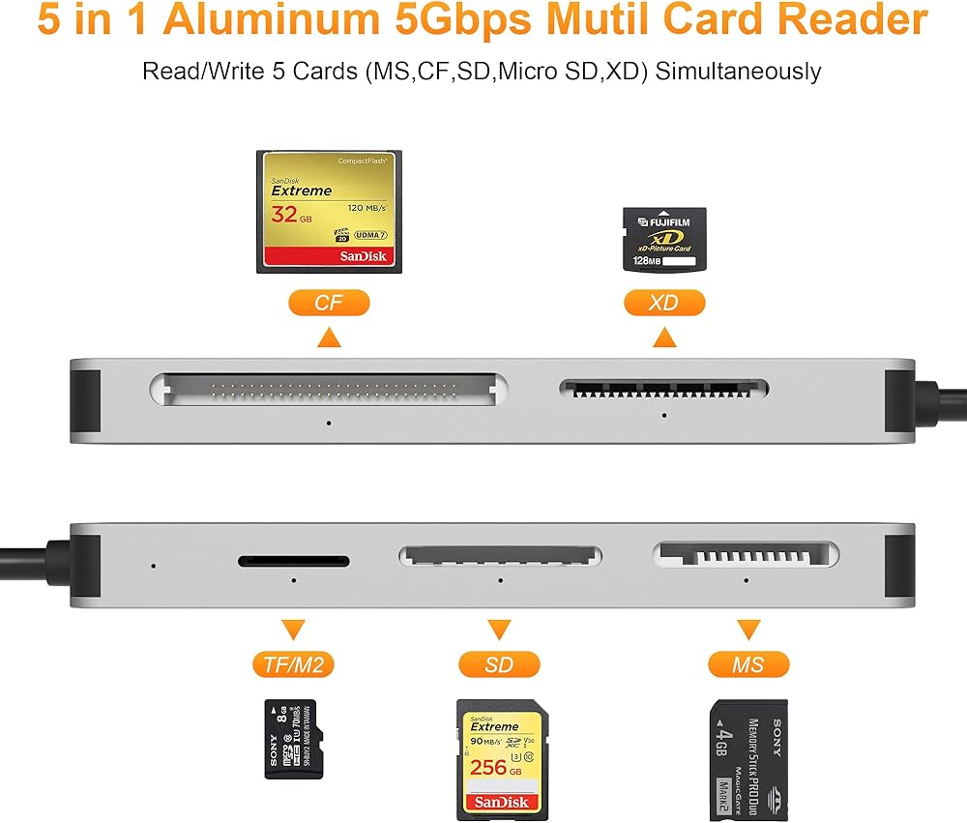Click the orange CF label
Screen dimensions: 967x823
click(329, 303)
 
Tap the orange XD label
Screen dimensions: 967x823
click(663, 303)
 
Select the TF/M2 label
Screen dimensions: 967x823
click(292, 664)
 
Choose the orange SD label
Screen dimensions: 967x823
click(498, 664)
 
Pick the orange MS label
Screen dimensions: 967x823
click(747, 664)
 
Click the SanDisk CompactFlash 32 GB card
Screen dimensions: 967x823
click(329, 212)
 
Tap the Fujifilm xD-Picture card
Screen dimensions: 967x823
click(663, 238)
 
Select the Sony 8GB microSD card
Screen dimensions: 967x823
click(291, 739)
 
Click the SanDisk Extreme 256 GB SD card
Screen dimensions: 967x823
click(498, 759)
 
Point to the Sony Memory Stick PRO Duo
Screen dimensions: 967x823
click(747, 760)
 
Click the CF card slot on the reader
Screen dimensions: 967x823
click(329, 391)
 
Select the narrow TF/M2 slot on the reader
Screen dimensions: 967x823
click(294, 560)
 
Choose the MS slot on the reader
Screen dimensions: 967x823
click(747, 554)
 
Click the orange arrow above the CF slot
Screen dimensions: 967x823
click(329, 337)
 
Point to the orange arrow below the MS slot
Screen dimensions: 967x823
click(747, 630)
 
